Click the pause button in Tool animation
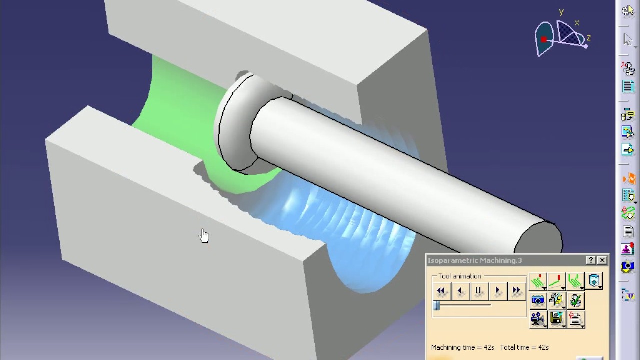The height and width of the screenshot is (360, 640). coord(478,290)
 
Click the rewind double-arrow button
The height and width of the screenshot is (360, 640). coord(441,290)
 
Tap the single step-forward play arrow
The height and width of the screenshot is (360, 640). coord(497,290)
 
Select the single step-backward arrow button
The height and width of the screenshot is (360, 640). coord(460,290)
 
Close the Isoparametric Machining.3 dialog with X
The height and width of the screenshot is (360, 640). coord(602,260)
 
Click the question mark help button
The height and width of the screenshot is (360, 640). coord(591,260)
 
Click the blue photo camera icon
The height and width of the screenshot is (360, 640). coord(538,300)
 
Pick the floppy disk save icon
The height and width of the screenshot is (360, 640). coord(556,318)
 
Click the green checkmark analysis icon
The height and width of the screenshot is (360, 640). coord(575,300)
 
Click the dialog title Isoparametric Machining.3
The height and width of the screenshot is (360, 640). coord(474,260)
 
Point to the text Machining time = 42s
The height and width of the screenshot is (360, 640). coord(463,347)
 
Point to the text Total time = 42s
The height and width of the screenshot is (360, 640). coord(524,347)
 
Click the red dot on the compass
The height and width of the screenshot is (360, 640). coord(544,39)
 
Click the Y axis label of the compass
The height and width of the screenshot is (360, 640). coord(561,12)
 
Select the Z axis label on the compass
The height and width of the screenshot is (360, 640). coord(589,38)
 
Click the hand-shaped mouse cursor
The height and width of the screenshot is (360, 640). coord(204,236)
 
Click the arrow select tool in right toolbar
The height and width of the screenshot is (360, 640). coord(628,39)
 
